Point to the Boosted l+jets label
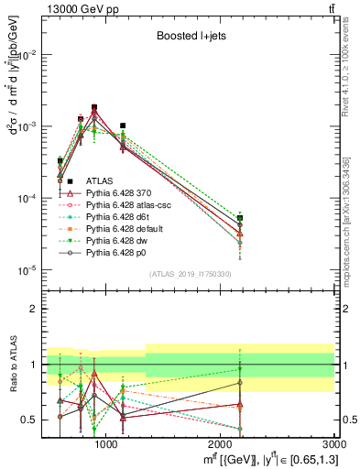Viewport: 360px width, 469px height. (186, 37)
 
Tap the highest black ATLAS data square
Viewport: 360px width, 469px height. (94, 107)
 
